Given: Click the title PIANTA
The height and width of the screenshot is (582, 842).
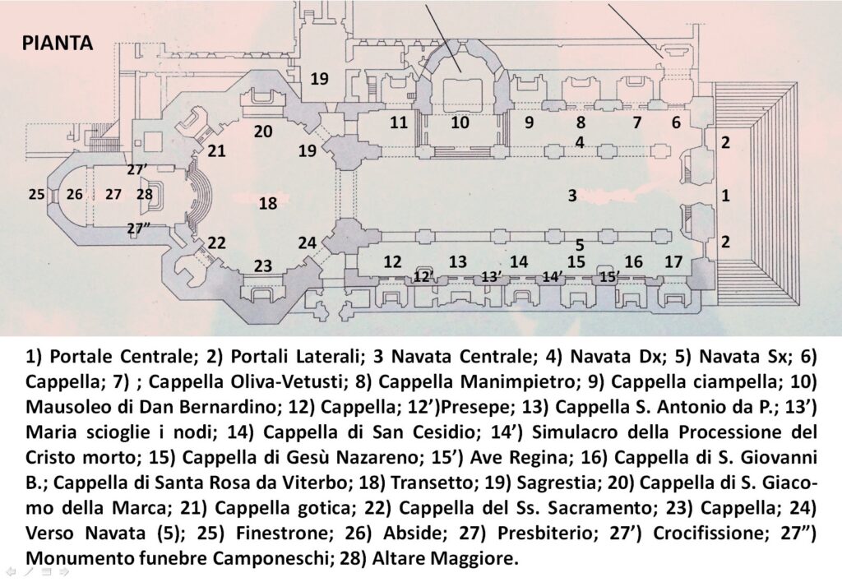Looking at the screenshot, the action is click(x=58, y=43).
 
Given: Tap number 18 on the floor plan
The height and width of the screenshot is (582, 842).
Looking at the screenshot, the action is click(x=268, y=204).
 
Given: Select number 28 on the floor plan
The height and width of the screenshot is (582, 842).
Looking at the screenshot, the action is click(x=145, y=194).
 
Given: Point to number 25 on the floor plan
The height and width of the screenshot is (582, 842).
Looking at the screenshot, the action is click(x=36, y=194).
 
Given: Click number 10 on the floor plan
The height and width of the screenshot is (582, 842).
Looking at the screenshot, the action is click(x=460, y=122).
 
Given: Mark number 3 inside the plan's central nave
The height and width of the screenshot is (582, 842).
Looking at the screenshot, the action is click(x=572, y=195).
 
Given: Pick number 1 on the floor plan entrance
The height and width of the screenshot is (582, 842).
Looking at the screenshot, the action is click(x=725, y=196).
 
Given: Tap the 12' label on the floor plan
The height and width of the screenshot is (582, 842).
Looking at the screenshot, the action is click(x=424, y=277).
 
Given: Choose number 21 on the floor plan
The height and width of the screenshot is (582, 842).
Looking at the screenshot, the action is click(x=216, y=151).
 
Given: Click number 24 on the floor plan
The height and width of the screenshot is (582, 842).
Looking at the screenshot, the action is click(x=308, y=242).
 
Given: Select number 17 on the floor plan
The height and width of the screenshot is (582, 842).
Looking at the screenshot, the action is click(x=673, y=261).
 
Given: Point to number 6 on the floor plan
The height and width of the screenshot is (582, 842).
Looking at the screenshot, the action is click(x=676, y=122).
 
